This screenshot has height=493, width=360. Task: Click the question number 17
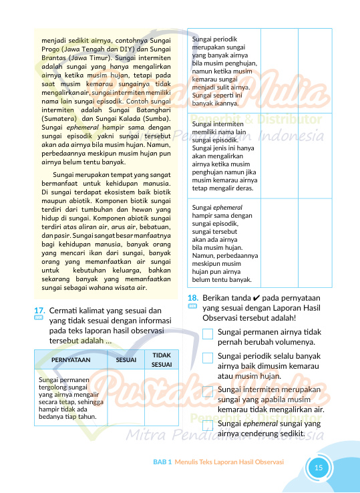39,310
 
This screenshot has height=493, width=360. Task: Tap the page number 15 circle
319,467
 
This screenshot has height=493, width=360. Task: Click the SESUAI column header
126,359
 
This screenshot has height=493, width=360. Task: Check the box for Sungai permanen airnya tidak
208,333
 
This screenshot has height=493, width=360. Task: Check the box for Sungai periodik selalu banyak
208,358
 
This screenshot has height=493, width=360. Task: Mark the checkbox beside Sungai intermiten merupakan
208,391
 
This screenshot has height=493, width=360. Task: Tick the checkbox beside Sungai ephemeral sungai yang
208,425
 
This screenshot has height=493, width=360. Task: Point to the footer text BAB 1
163,462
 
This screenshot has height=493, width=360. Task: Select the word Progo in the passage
52,49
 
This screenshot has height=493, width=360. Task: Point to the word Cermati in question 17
65,310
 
